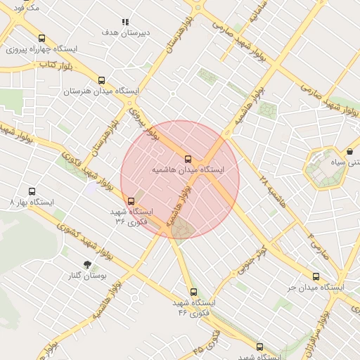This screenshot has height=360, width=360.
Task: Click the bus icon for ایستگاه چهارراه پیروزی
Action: click(x=41, y=39)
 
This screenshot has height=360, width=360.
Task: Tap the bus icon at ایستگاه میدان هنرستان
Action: click(x=102, y=80)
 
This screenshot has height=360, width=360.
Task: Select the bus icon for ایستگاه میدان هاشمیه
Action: click(x=188, y=159)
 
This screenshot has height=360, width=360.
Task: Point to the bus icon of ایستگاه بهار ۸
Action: click(x=32, y=191)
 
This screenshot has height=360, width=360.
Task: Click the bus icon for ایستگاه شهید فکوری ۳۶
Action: click(x=131, y=201)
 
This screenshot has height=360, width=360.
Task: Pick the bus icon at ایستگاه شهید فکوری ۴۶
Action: click(x=193, y=292)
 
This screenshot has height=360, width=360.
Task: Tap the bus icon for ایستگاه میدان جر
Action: click(x=316, y=277)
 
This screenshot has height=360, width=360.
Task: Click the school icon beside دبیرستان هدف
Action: click(x=125, y=22)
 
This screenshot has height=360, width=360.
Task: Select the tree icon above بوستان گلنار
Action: click(x=87, y=265)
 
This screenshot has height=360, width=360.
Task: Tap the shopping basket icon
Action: click(x=350, y=151)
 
